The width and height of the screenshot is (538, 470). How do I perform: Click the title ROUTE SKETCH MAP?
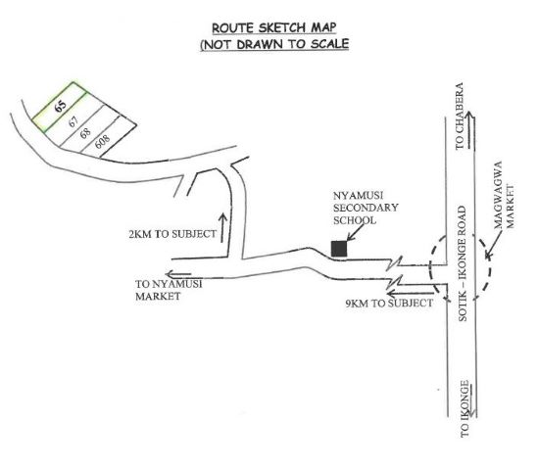coord(273,27)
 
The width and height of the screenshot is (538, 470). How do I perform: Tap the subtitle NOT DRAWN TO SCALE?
coord(274,44)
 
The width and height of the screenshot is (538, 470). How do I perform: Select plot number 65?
coord(61,106)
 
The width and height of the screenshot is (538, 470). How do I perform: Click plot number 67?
coord(73,121)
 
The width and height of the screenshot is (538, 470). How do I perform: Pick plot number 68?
coord(85,132)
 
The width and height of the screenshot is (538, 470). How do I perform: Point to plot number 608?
coord(102,141)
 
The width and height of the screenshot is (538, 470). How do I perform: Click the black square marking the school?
coord(339,249)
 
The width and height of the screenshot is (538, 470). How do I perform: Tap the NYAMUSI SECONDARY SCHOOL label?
coord(366,208)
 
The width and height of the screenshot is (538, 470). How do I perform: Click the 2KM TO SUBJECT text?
coord(172,234)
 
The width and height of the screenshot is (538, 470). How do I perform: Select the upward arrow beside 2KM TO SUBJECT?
coord(222,227)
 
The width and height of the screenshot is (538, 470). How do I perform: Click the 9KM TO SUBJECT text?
coord(389,303)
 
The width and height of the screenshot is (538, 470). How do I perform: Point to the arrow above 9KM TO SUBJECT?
coord(411,294)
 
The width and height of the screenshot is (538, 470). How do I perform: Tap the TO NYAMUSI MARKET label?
coord(169,290)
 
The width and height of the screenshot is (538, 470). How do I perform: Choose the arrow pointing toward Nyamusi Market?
coord(178,274)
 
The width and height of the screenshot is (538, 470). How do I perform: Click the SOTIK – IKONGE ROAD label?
coord(463,263)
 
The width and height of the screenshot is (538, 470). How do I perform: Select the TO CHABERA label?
coord(460,116)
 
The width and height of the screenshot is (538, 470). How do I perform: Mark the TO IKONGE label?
coord(465,408)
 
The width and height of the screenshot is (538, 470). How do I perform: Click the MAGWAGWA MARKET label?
coord(504,195)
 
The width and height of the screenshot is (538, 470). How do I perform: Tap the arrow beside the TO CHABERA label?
coord(470,130)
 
